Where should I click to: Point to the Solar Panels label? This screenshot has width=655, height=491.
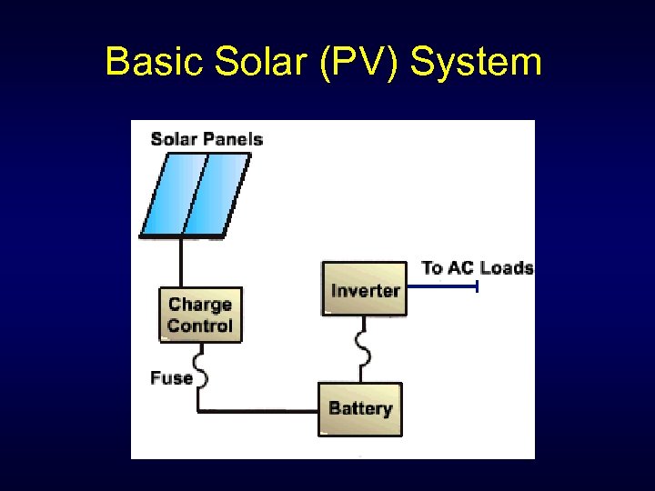(207, 139)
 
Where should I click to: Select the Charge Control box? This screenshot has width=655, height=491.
(201, 315)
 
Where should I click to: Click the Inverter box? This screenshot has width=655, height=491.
(365, 289)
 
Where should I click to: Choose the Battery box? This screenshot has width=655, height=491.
(360, 408)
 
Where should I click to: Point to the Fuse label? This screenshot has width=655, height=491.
(172, 377)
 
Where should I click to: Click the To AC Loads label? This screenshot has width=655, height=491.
(478, 267)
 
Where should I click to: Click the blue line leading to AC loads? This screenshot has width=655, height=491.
(441, 287)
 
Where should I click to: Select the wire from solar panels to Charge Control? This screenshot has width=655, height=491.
(181, 263)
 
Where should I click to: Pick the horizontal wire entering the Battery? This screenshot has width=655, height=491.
(259, 411)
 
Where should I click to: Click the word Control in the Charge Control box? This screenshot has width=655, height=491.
(201, 326)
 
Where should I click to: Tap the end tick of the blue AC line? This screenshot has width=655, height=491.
(477, 287)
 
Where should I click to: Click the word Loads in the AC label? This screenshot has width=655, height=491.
(506, 267)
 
